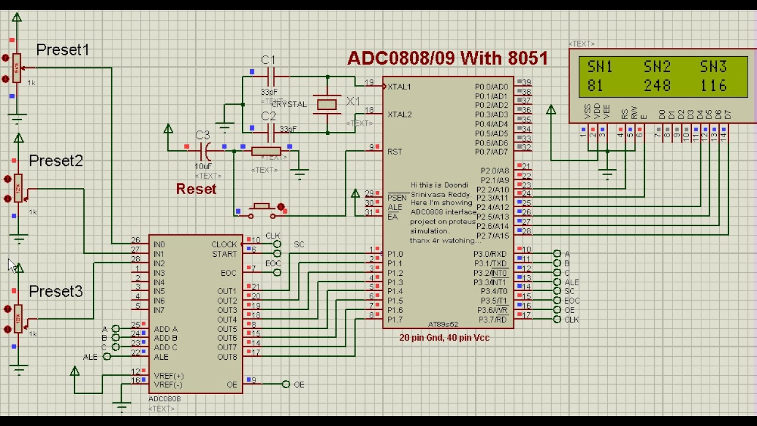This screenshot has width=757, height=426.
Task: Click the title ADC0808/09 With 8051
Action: (447, 58)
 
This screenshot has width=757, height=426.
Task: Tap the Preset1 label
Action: (63, 50)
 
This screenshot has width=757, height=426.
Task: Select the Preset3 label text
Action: (56, 291)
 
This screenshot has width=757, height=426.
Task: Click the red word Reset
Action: (196, 189)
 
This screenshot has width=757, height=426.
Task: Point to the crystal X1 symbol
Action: (327, 105)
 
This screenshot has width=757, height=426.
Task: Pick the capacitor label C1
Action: (268, 60)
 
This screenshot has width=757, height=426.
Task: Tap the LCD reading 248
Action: (656, 86)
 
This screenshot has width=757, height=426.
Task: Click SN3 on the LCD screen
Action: (713, 66)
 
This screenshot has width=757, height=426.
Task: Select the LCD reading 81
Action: (596, 86)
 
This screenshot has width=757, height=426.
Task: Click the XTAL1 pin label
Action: (399, 87)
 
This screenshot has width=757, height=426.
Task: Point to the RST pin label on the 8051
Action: (394, 151)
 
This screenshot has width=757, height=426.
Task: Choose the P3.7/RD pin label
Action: (490, 319)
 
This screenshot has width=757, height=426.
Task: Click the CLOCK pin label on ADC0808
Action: (224, 244)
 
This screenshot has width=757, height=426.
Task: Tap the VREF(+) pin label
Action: (169, 376)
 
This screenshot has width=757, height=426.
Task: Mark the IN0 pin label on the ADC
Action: (159, 244)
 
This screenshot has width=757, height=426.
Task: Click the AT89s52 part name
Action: (443, 324)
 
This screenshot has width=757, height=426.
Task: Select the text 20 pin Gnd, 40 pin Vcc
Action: (444, 338)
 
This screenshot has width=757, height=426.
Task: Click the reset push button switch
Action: (262, 208)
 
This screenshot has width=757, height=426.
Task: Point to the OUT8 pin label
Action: (227, 357)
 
